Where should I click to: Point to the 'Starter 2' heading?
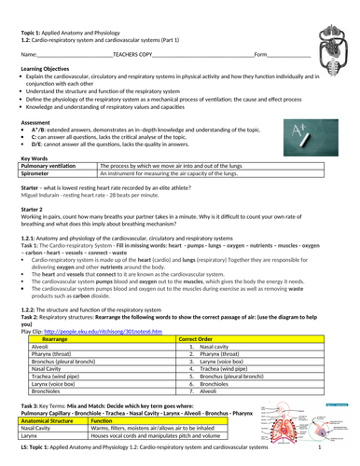coord(35,210)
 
